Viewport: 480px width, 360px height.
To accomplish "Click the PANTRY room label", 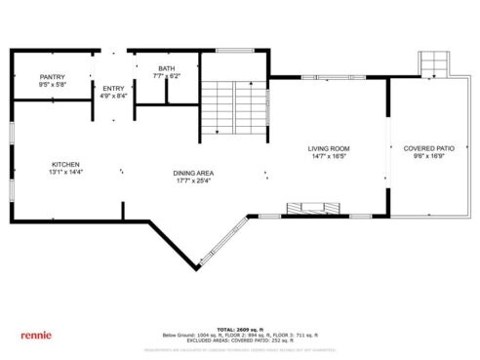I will (x=52, y=77).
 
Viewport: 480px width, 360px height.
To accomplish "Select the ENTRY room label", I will (x=113, y=89).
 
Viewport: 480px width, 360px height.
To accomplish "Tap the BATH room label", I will (x=167, y=68).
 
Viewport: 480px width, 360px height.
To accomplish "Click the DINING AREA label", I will (x=195, y=174).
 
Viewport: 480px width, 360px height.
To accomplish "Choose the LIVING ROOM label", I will (x=329, y=148).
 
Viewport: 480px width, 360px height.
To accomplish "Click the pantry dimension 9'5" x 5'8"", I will (x=52, y=85).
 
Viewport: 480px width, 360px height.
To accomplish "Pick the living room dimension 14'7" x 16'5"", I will (x=329, y=156).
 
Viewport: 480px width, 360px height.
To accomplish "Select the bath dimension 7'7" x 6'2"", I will (x=167, y=76).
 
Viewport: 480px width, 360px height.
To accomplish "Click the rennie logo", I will (x=35, y=334).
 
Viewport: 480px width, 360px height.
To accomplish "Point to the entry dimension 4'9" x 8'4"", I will (x=113, y=97).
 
